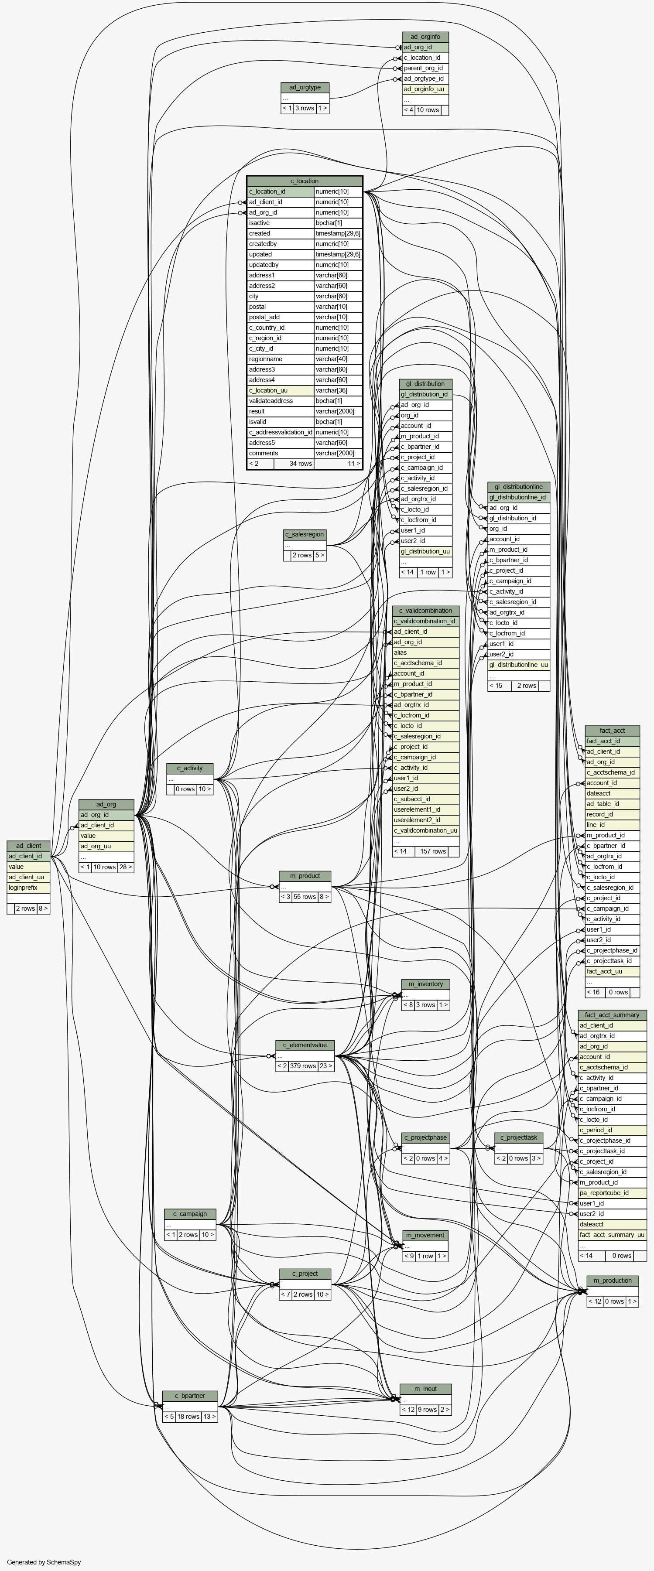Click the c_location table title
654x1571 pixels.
pyautogui.click(x=305, y=181)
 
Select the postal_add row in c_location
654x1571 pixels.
pyautogui.click(x=281, y=317)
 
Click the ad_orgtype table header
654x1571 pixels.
pyautogui.click(x=305, y=87)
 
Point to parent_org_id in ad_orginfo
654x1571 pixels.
pyautogui.click(x=425, y=68)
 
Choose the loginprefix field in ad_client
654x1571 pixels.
pyautogui.click(x=28, y=888)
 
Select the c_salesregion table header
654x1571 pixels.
pyautogui.click(x=305, y=534)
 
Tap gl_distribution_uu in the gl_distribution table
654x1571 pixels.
pyautogui.click(x=426, y=551)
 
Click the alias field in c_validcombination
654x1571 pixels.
pyautogui.click(x=426, y=652)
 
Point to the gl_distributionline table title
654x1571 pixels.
pyautogui.click(x=519, y=487)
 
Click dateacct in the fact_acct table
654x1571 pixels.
pyautogui.click(x=613, y=793)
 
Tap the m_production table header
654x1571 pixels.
pyautogui.click(x=613, y=1280)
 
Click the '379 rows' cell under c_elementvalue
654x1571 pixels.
pyautogui.click(x=303, y=1066)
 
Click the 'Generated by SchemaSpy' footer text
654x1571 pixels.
pyautogui.click(x=44, y=1562)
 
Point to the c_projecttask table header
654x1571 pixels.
pyautogui.click(x=519, y=1137)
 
